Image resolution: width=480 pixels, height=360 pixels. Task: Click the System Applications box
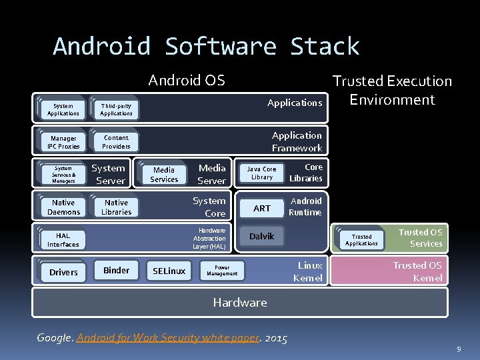click(64, 109)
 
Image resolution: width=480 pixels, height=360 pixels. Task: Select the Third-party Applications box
click(116, 109)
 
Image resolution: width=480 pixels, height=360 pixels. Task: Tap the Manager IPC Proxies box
click(64, 142)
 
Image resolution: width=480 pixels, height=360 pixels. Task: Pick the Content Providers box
click(116, 142)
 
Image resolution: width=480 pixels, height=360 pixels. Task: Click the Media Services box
click(164, 174)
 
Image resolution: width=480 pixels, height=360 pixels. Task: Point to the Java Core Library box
click(261, 173)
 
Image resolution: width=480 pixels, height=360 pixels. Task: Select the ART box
click(262, 209)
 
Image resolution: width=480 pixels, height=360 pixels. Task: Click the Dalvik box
click(262, 236)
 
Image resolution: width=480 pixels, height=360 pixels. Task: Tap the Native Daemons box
click(64, 207)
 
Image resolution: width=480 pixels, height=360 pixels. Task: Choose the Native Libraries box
click(116, 207)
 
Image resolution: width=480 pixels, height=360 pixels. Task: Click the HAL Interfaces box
click(63, 239)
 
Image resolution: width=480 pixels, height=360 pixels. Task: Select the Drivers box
click(64, 272)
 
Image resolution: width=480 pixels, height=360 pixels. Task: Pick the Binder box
click(116, 270)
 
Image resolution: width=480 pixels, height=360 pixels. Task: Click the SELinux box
click(169, 271)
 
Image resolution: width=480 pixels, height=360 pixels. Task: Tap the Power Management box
click(222, 270)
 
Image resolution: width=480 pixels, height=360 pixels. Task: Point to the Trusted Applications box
click(361, 240)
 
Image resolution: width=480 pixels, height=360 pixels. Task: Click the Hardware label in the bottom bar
click(240, 303)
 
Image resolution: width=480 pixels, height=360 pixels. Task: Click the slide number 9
click(458, 349)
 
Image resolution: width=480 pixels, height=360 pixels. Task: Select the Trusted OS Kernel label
click(417, 271)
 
